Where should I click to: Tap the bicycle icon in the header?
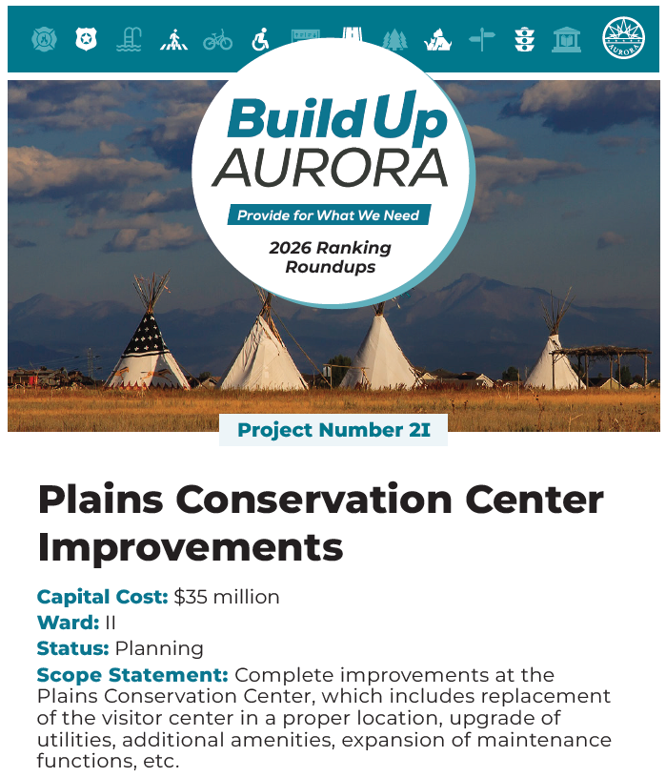[217, 39]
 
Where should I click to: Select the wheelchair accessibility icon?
[260, 39]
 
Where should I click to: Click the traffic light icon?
[524, 39]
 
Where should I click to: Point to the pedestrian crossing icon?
[173, 39]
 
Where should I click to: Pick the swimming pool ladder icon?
[130, 39]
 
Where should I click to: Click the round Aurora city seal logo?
[623, 38]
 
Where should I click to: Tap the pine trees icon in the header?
[394, 39]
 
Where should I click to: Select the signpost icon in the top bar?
[482, 39]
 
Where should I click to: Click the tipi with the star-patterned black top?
[148, 343]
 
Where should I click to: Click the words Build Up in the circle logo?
[336, 119]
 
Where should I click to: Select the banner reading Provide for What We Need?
[328, 215]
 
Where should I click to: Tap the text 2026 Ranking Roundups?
[330, 257]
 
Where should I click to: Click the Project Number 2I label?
[333, 430]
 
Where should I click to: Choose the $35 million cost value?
[227, 597]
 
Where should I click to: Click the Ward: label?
[68, 623]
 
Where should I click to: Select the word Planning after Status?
[159, 648]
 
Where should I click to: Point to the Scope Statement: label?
[132, 675]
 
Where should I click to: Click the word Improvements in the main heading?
[190, 547]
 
